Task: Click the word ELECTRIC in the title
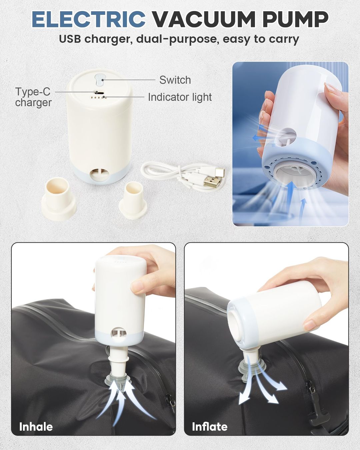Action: [89, 19]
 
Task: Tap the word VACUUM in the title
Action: [204, 19]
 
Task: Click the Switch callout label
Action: [175, 80]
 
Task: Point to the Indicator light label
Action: [180, 97]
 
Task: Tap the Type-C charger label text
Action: [33, 97]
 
